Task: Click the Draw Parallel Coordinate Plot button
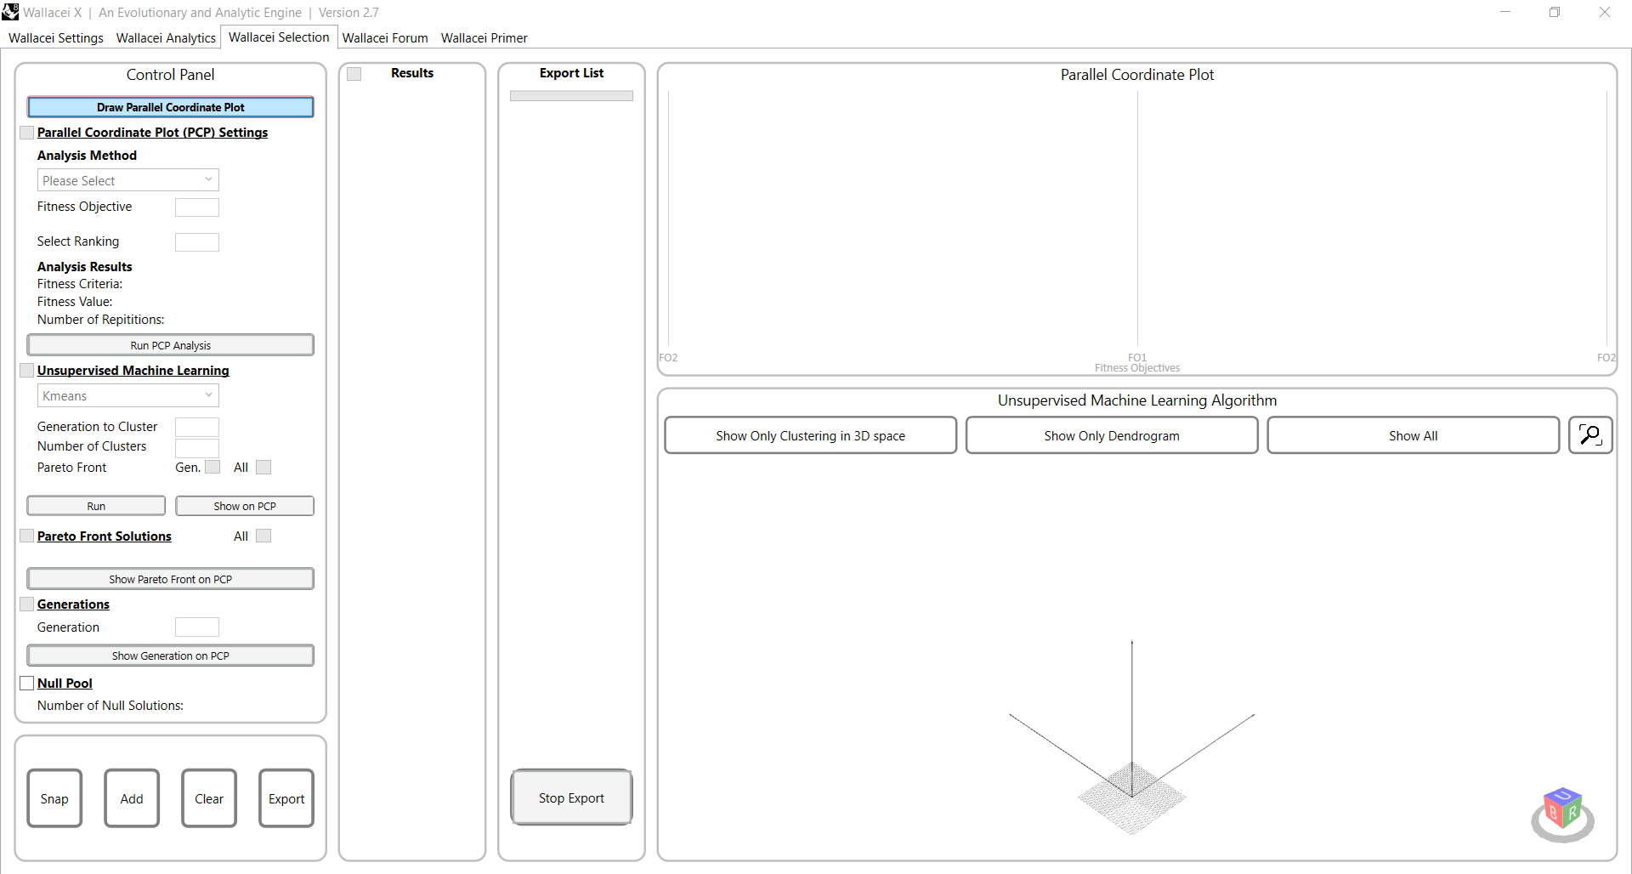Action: (170, 107)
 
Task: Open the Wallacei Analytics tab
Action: (166, 38)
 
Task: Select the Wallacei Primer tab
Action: (484, 38)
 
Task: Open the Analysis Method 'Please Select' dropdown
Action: (127, 180)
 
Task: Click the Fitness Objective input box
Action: (196, 207)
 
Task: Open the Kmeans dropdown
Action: (127, 396)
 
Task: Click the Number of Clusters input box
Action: (196, 447)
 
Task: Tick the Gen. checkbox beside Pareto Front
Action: (212, 468)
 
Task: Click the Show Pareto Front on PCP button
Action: (170, 579)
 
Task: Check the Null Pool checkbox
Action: (27, 684)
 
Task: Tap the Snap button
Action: (54, 798)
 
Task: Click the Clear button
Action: (209, 798)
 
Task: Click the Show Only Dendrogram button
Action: (1111, 435)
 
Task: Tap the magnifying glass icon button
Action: (1589, 435)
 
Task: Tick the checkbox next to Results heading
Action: (354, 74)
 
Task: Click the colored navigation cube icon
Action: (1562, 809)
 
